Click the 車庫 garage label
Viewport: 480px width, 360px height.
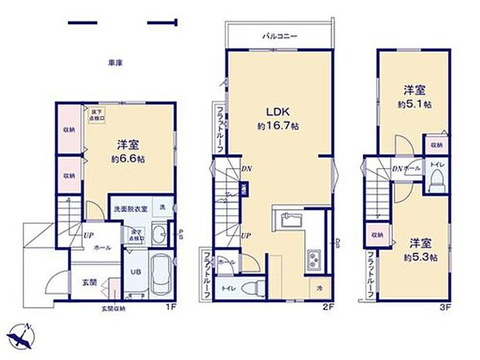click(x=117, y=63)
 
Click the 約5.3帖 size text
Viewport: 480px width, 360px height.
click(x=423, y=257)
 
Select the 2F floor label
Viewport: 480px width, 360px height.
click(x=327, y=306)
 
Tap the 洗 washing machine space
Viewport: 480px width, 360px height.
click(x=163, y=210)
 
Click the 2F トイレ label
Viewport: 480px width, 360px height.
click(x=228, y=288)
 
